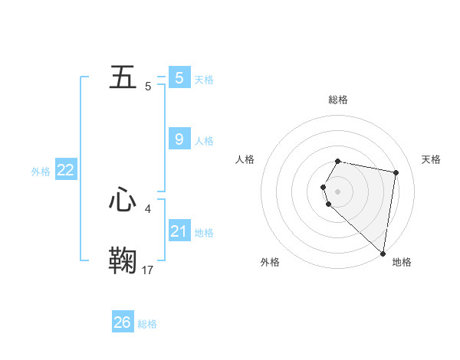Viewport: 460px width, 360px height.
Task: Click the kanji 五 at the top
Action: tap(123, 77)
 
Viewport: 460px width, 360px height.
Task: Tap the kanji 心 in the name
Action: tap(123, 200)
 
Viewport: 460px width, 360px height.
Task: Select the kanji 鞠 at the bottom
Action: tap(123, 260)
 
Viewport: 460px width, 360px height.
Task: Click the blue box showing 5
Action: tap(179, 77)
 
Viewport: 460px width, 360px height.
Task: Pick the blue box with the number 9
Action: tap(179, 139)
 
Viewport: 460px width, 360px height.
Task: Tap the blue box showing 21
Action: tap(179, 231)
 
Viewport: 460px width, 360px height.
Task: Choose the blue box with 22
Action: tap(66, 170)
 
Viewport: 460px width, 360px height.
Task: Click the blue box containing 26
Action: tap(123, 322)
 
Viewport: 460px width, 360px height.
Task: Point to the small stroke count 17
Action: tap(148, 270)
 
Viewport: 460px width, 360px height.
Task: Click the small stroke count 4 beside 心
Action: tap(148, 208)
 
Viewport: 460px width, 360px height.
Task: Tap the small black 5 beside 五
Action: tap(148, 87)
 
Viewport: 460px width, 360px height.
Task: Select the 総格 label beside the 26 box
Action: tap(147, 324)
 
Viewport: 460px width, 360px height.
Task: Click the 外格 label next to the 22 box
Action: tap(41, 172)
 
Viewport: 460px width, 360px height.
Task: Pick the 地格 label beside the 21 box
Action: tap(204, 233)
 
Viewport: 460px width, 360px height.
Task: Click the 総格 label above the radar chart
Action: tap(338, 100)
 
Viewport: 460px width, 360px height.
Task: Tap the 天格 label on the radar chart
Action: tap(431, 159)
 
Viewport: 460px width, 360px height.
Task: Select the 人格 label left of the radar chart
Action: tap(245, 159)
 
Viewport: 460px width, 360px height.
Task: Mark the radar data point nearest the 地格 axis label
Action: tap(383, 253)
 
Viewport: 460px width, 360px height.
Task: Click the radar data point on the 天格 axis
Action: tap(396, 172)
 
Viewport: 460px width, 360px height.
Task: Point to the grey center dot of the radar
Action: tap(338, 191)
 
